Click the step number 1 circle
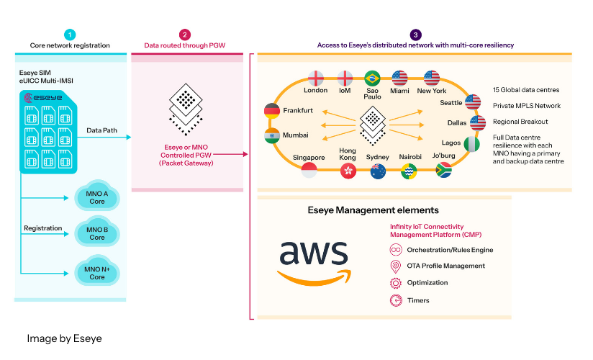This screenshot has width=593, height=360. pos(70,34)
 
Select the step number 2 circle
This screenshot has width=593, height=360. pos(185,34)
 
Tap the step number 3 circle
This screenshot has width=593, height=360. pos(415,34)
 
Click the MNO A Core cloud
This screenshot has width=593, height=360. pos(96,197)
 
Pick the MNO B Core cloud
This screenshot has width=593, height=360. pos(96,233)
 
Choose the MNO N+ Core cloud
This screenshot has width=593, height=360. pos(96,273)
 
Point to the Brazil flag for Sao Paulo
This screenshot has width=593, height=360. pos(372,78)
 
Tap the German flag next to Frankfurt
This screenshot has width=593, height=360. pos(272,111)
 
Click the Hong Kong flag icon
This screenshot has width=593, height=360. pos(348,171)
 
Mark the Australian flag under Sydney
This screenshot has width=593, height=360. pos(378,171)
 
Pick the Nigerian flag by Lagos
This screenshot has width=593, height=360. pos(473,144)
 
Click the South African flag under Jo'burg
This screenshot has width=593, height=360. pos(444,170)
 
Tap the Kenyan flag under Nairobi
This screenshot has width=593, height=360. pos(409,171)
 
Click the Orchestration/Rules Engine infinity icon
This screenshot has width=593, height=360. pos(395,250)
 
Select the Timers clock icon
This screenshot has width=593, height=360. pos(395,300)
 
